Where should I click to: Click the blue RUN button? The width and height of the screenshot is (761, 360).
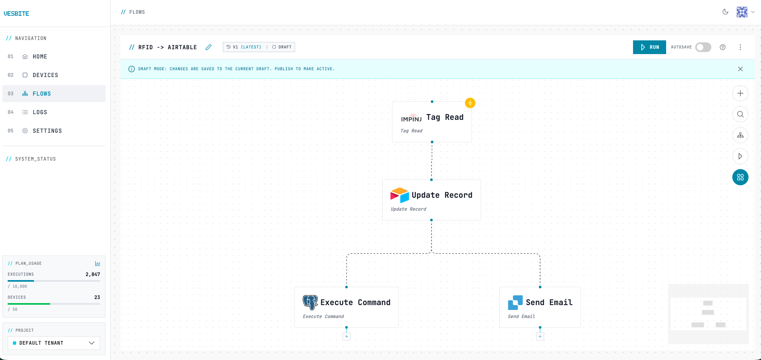[x=649, y=47]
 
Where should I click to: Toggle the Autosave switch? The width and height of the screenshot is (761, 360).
[x=703, y=47]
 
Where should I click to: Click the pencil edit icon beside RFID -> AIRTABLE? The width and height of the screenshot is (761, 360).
[x=208, y=47]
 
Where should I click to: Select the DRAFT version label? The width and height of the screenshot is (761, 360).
[x=282, y=47]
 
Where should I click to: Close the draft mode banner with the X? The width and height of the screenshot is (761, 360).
[x=740, y=69]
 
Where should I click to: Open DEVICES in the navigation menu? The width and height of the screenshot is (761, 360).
[x=45, y=75]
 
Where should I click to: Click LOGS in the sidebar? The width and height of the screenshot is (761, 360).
[x=40, y=112]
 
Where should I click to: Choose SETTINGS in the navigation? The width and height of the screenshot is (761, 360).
[x=47, y=131]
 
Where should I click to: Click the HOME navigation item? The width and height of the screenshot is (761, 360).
[x=40, y=57]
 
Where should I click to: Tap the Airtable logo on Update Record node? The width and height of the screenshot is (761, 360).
[x=399, y=195]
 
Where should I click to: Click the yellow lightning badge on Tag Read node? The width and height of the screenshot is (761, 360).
[x=470, y=103]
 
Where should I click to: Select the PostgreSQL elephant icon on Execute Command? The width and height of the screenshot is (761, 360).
[x=310, y=302]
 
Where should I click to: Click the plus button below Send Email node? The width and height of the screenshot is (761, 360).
[x=540, y=336]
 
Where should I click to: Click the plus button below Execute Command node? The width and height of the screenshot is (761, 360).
[x=346, y=336]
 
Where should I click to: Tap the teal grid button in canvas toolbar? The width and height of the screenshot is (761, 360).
[x=740, y=177]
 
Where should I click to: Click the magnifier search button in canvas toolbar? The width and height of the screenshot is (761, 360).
[x=740, y=114]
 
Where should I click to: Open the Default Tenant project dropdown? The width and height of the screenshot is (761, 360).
[x=54, y=343]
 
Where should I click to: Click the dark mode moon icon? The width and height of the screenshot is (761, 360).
[x=725, y=12]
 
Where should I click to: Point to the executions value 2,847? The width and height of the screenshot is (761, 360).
[x=92, y=274]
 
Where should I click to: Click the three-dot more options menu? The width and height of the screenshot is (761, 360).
[x=740, y=47]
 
